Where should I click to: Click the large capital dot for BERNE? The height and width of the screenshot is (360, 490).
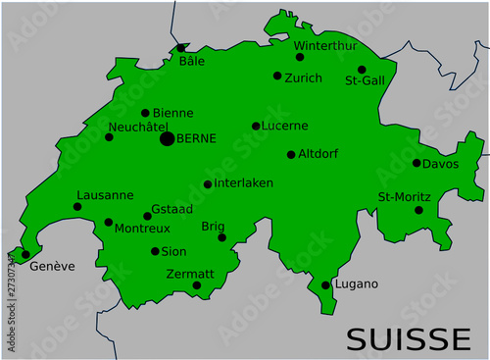pyautogui.click(x=167, y=139)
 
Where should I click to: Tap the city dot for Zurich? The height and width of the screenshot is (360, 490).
pyautogui.click(x=277, y=76)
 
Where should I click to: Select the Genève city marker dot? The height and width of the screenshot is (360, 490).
pyautogui.click(x=25, y=254)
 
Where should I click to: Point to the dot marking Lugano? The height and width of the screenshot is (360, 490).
pyautogui.click(x=325, y=285)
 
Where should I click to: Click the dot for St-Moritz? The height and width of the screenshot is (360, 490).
pyautogui.click(x=418, y=210)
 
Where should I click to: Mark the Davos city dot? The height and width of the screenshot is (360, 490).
pyautogui.click(x=416, y=163)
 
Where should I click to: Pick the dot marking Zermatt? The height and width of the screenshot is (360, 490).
pyautogui.click(x=196, y=285)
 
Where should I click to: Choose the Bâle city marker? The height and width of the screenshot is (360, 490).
pyautogui.click(x=181, y=47)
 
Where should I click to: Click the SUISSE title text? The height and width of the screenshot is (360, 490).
pyautogui.click(x=408, y=338)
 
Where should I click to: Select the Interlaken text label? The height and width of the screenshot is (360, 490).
pyautogui.click(x=245, y=183)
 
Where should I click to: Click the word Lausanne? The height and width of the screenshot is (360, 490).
pyautogui.click(x=104, y=195)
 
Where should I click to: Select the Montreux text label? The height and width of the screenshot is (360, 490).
pyautogui.click(x=142, y=229)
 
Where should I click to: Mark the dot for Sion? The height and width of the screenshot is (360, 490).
pyautogui.click(x=155, y=251)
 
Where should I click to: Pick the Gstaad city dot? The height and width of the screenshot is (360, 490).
pyautogui.click(x=148, y=216)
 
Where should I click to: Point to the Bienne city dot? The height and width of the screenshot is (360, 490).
pyautogui.click(x=145, y=113)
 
